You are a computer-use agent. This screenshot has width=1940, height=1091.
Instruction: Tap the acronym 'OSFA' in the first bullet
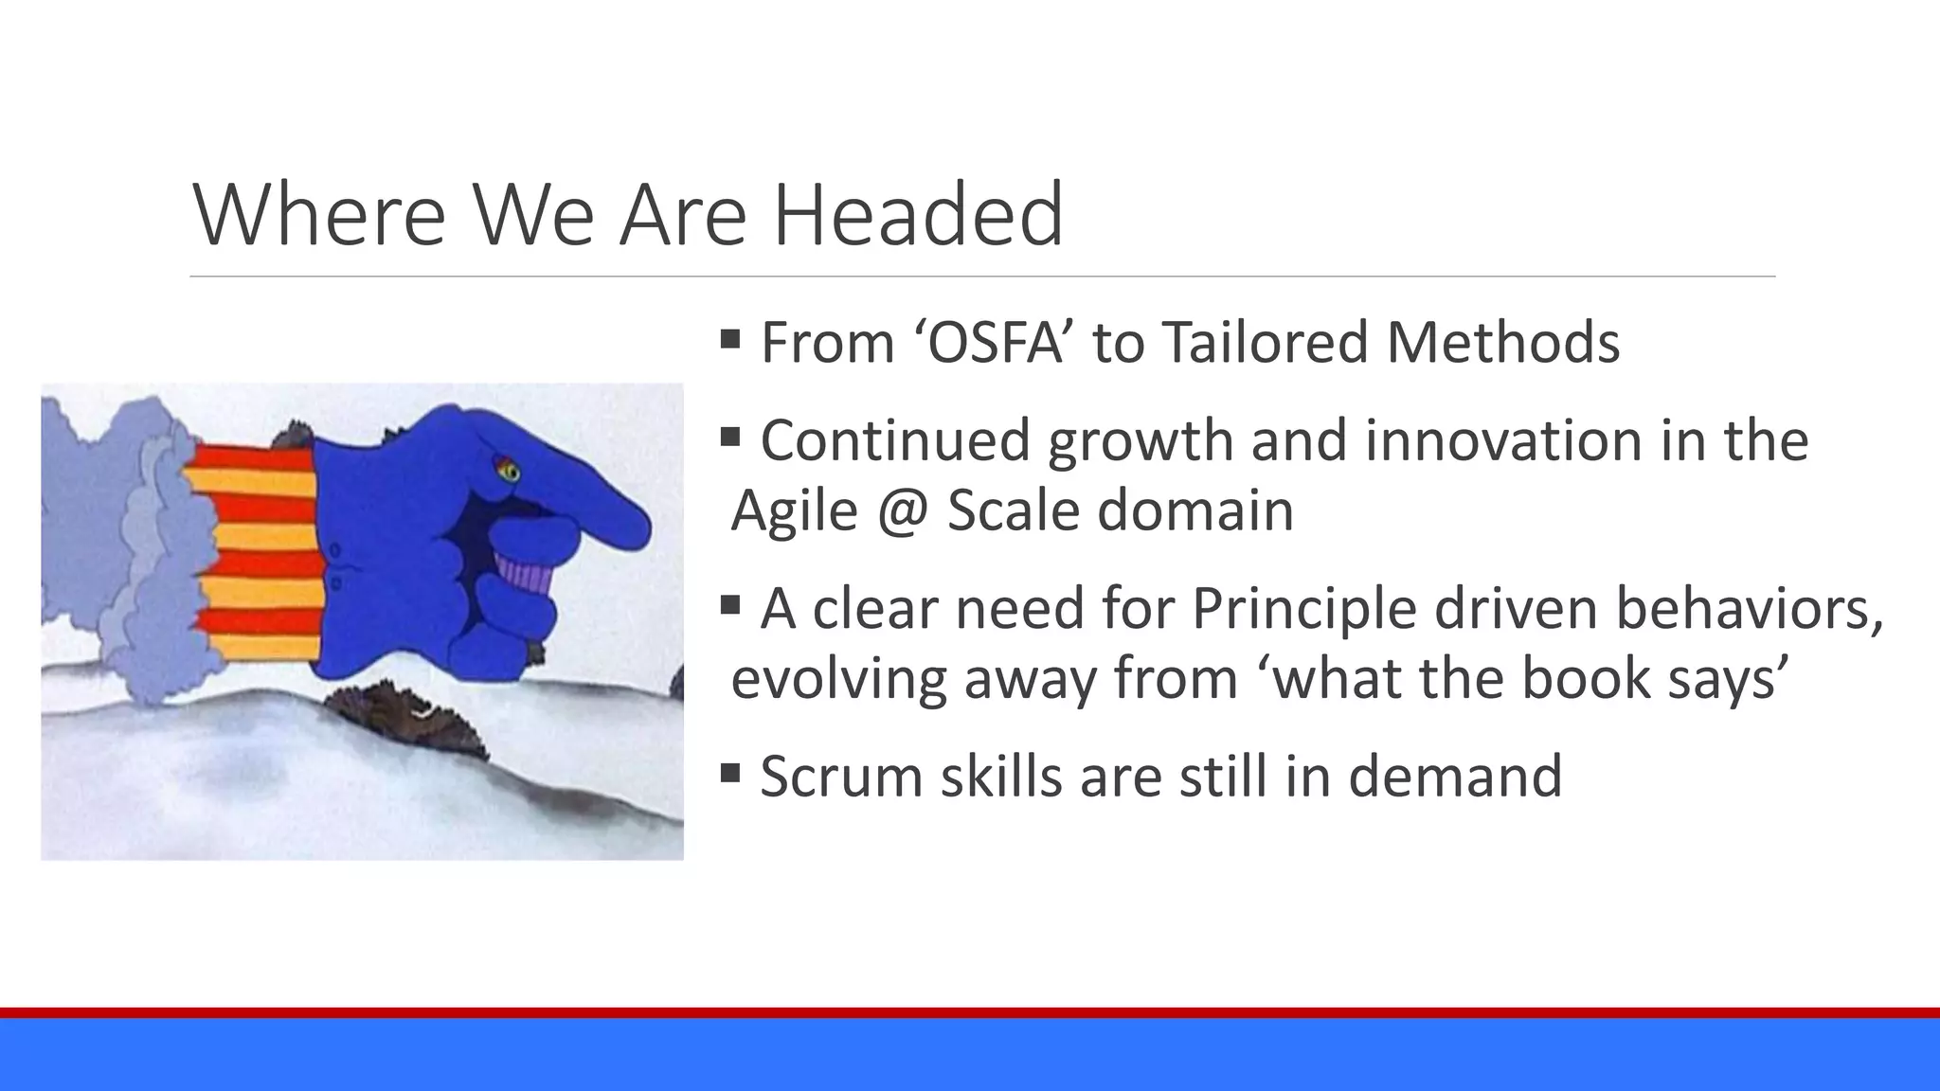click(x=994, y=342)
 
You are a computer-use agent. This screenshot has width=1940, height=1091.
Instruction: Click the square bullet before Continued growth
click(x=729, y=437)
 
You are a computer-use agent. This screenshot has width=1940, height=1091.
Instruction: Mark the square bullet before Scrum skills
click(x=729, y=773)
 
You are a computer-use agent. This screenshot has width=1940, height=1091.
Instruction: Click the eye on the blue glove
click(x=508, y=470)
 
